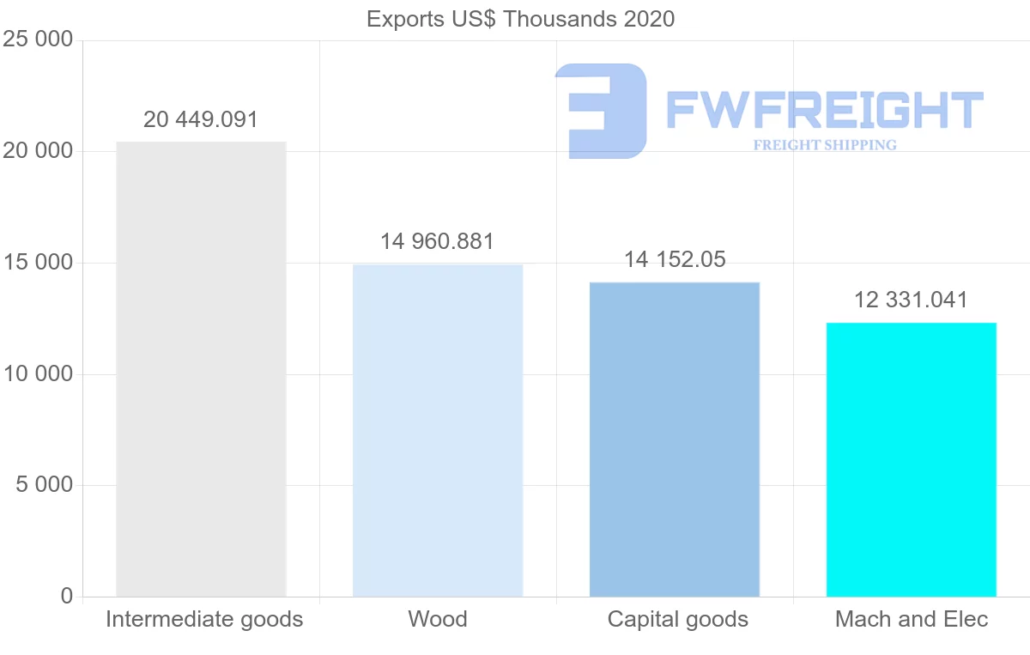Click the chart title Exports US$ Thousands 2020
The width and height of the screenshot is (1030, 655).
520,19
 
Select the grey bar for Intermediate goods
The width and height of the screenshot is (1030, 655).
201,369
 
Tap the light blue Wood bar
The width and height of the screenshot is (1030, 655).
438,430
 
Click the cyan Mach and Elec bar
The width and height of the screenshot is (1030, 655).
912,459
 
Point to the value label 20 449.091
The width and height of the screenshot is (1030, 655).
201,119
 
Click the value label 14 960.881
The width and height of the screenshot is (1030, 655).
438,242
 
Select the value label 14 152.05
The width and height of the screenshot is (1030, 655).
675,259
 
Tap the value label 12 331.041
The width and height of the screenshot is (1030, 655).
912,300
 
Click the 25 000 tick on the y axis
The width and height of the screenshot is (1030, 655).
37,40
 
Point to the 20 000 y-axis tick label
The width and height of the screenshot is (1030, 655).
37,152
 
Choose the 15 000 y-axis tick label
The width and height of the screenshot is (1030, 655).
37,264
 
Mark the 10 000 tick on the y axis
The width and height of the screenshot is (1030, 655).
37,374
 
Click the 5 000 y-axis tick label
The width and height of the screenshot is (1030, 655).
44,486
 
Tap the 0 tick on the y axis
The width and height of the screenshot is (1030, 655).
67,597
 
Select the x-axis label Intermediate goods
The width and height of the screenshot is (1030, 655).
204,619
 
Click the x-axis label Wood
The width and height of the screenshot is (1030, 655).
438,619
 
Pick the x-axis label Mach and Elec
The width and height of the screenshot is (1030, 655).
912,619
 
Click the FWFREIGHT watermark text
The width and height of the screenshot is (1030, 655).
824,110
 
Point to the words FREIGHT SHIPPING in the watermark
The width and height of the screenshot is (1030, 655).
825,145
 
